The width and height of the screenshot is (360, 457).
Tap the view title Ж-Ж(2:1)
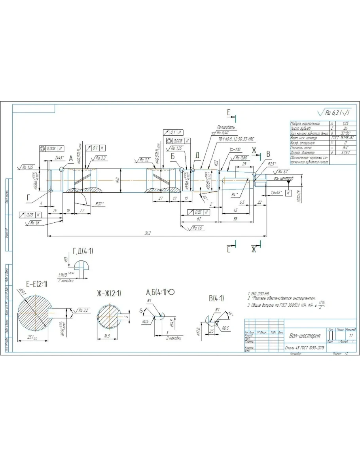[109, 293]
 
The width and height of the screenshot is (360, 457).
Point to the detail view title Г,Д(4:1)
[83, 251]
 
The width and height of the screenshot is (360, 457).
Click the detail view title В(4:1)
[216, 298]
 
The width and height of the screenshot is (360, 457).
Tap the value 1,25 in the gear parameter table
[345, 123]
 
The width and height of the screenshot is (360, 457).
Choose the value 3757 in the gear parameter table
[345, 152]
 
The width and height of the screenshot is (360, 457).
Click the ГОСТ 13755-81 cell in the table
[345, 138]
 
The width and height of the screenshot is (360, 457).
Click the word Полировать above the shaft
[226, 127]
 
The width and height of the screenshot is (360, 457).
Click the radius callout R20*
[100, 204]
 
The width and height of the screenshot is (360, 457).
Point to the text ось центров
[284, 178]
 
